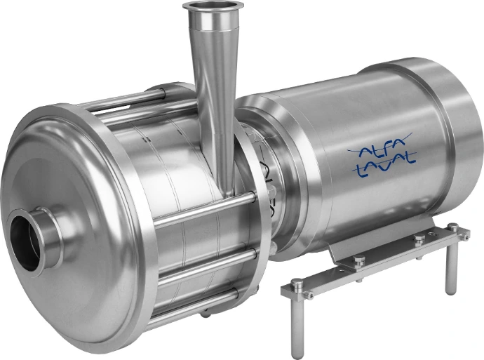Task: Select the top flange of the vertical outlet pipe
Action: [213, 8]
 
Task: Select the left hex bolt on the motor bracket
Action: [359, 261]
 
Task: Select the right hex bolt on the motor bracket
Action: [419, 239]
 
